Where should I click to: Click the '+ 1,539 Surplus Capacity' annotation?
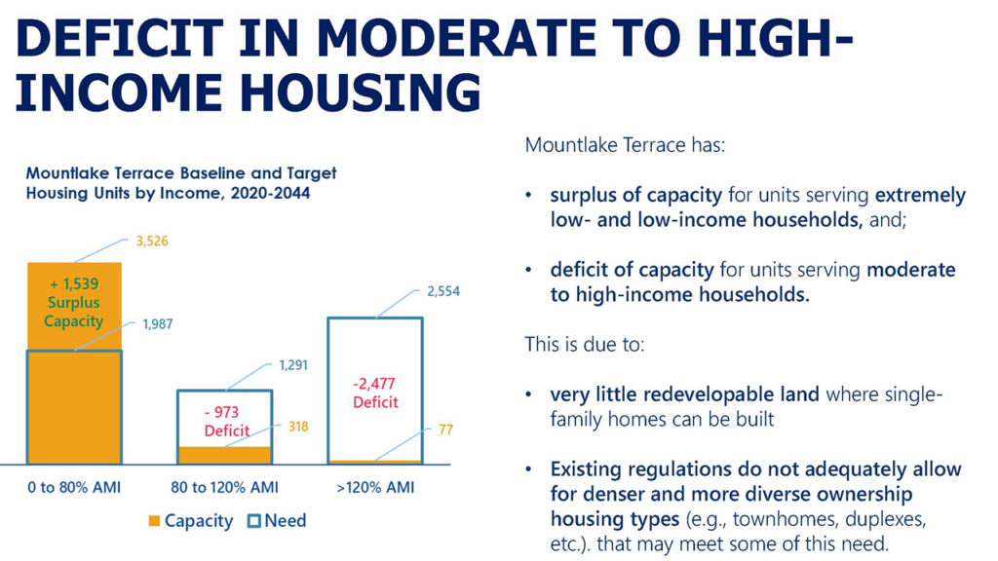pos(73,302)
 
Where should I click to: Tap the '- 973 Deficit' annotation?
pos(226,421)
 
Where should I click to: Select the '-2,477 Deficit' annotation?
pos(375,392)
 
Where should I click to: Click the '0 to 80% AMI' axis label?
pos(74,486)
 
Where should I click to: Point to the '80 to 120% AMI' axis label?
pos(226,486)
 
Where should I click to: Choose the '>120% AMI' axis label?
pos(375,486)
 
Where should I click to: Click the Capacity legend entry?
pos(190,521)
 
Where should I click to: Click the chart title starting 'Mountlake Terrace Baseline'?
pos(181,182)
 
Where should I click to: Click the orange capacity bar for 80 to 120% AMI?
pos(226,455)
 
